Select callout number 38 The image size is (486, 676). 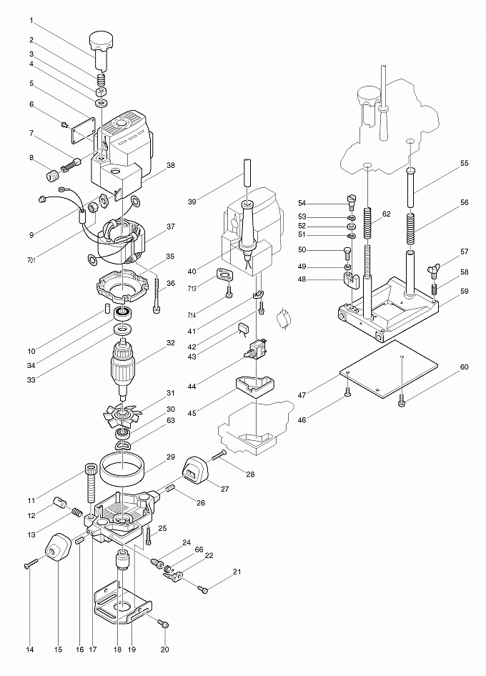click(x=171, y=165)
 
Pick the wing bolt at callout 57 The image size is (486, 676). click(x=434, y=270)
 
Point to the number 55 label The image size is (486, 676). click(x=464, y=164)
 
